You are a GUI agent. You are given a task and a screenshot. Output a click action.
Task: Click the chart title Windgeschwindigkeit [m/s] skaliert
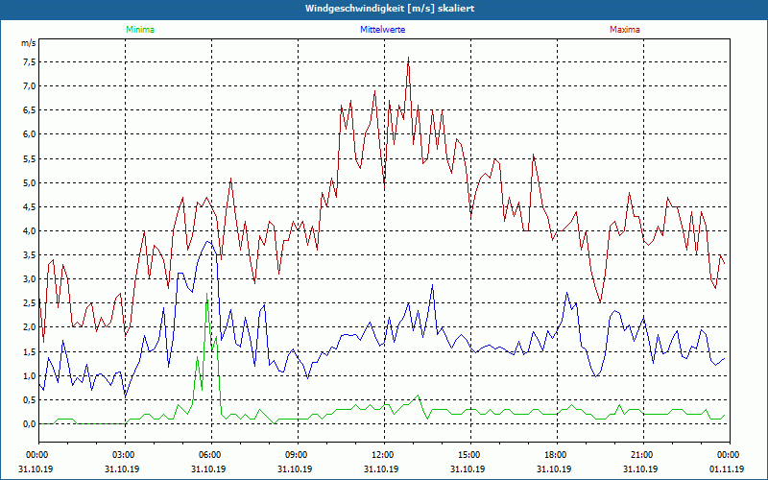[x=384, y=8]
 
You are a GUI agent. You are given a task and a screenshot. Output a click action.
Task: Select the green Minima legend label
[x=139, y=30]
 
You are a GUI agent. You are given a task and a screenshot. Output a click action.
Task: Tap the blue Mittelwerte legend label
[x=383, y=30]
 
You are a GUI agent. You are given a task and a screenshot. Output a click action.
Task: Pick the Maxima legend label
[x=624, y=30]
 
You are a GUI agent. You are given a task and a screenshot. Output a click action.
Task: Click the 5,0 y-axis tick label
[x=29, y=182]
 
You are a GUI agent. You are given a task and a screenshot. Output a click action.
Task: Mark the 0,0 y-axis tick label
[x=29, y=423]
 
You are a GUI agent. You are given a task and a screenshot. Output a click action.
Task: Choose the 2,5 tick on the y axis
[x=29, y=303]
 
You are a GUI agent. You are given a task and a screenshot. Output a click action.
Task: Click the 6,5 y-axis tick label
[x=29, y=110]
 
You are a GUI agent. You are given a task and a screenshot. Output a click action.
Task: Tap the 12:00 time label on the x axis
[x=383, y=454]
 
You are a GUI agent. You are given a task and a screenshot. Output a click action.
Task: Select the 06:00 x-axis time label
[x=210, y=454]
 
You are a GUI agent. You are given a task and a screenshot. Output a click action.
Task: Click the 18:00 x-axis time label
[x=556, y=454]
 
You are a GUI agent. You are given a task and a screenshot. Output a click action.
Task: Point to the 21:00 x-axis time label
[x=642, y=454]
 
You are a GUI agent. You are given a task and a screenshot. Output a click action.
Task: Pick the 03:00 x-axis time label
[x=124, y=454]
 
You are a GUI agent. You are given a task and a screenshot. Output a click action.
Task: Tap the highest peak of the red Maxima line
[x=408, y=59]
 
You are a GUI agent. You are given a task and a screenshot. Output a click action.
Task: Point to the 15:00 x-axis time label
[x=469, y=454]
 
